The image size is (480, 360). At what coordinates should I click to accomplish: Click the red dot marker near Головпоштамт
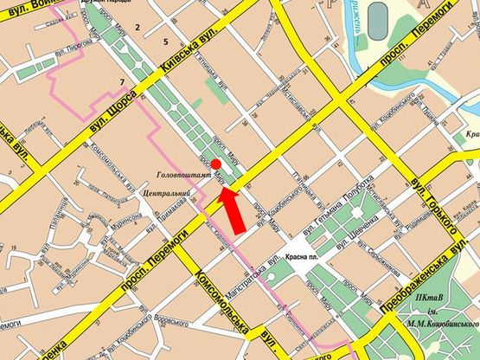(x=216, y=164)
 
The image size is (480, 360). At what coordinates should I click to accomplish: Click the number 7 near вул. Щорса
(x=123, y=82)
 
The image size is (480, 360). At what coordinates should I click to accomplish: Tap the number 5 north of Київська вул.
(x=164, y=42)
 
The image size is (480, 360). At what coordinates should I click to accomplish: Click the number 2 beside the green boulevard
(x=137, y=29)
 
